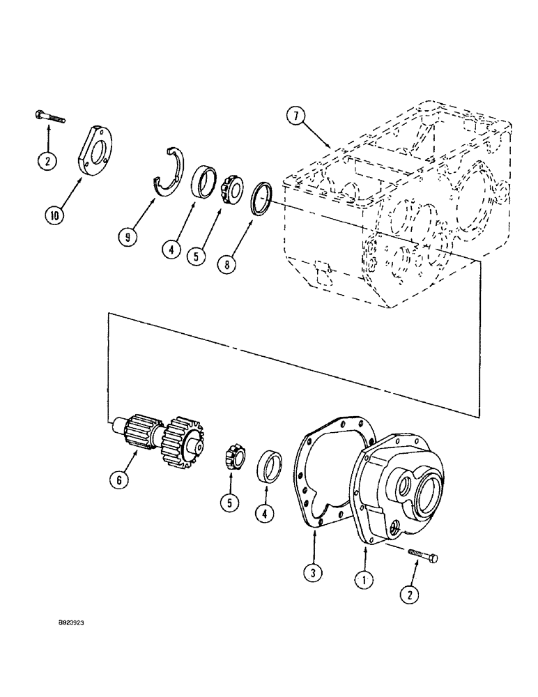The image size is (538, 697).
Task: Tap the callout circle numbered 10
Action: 55,215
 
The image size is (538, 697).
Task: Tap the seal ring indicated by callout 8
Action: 262,198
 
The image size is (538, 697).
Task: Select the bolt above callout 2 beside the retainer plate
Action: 48,116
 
